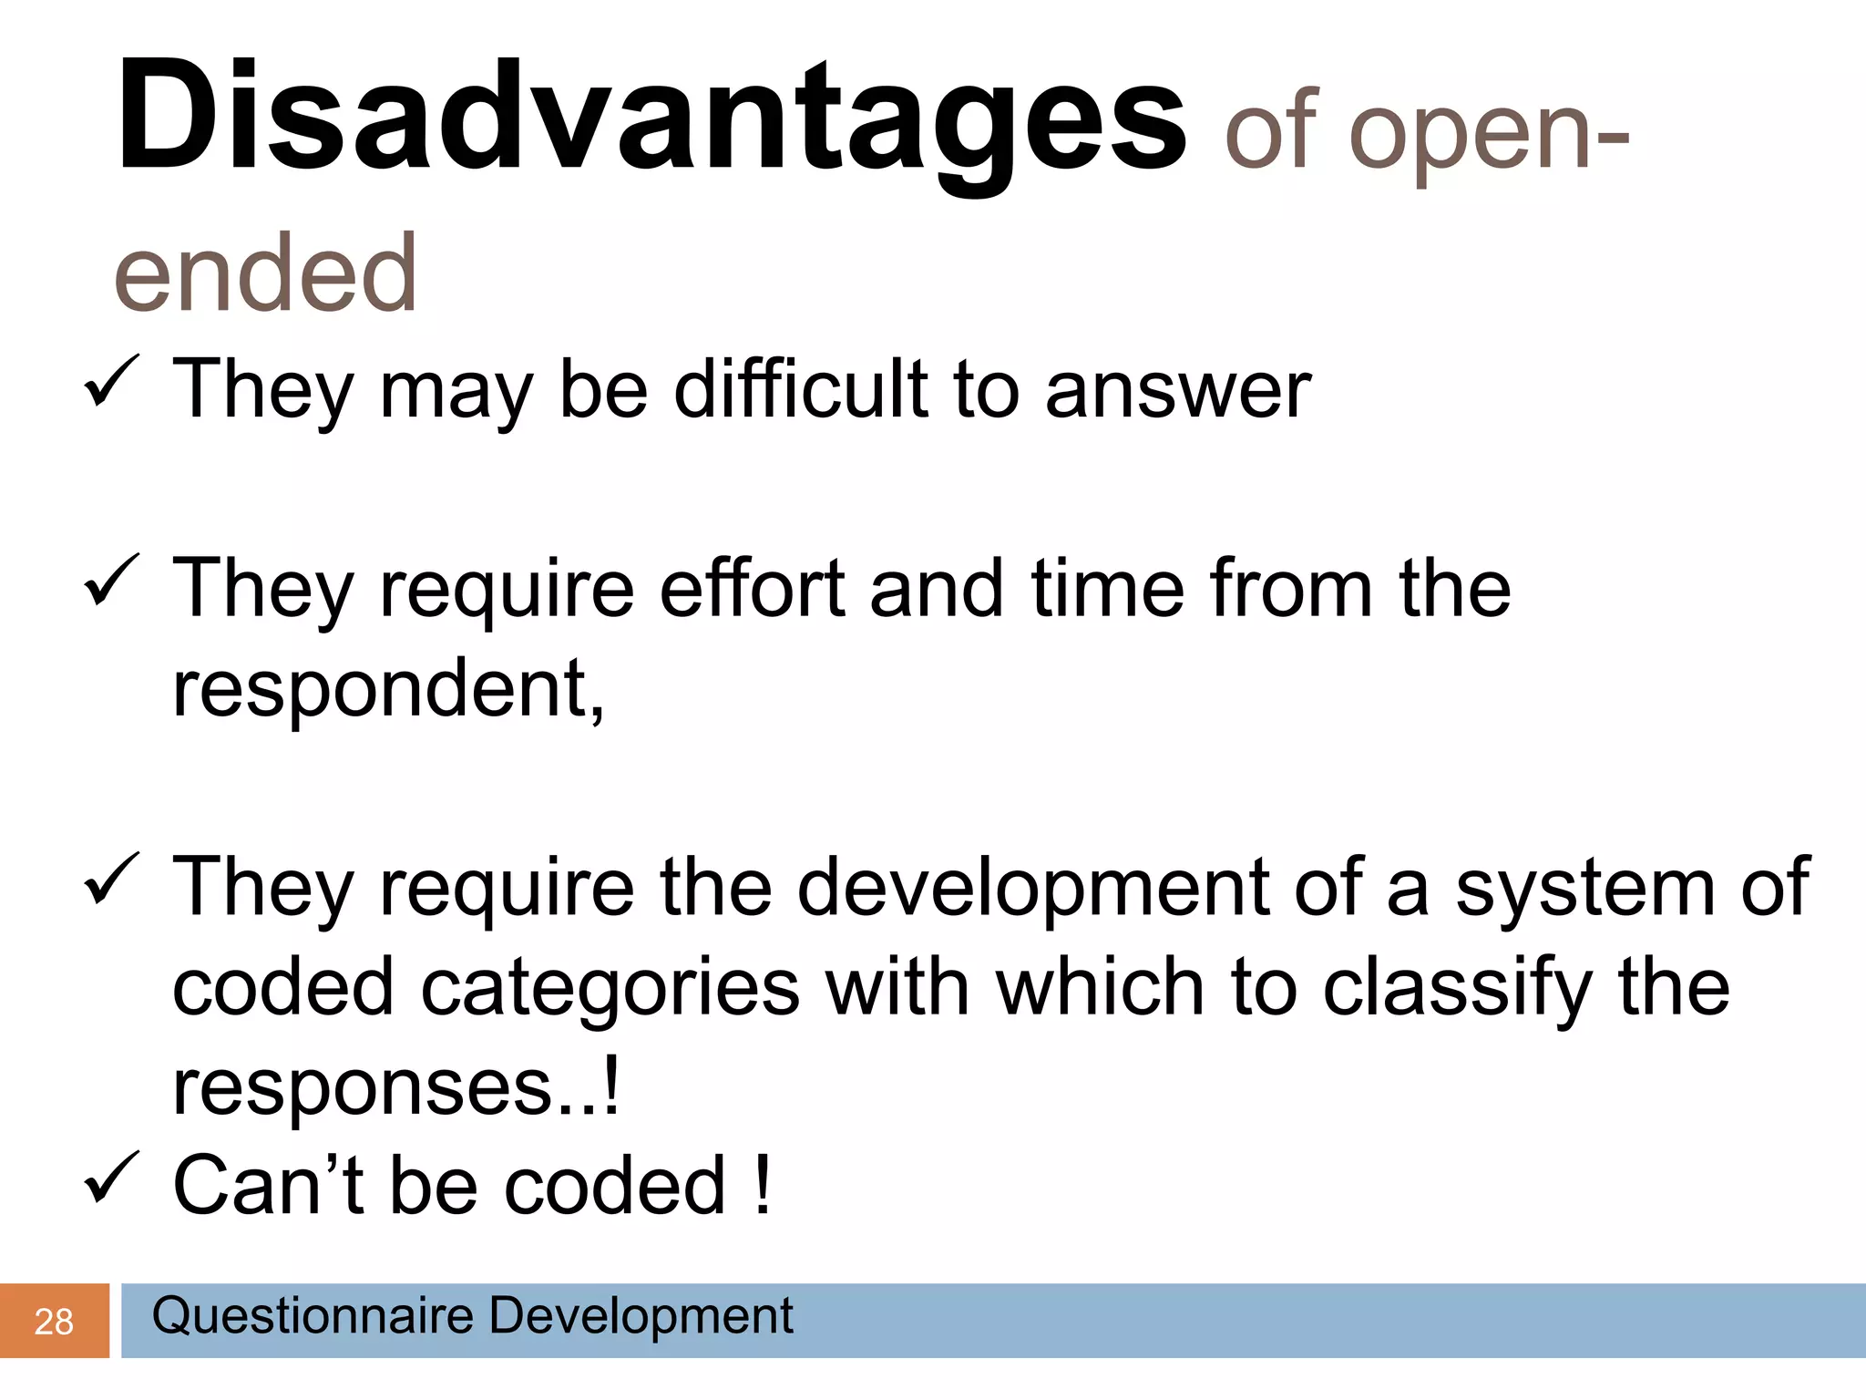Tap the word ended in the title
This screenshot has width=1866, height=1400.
[265, 273]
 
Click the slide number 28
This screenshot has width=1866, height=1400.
[53, 1322]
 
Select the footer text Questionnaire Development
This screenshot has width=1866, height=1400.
[472, 1315]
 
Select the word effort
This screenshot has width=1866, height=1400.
[752, 589]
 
